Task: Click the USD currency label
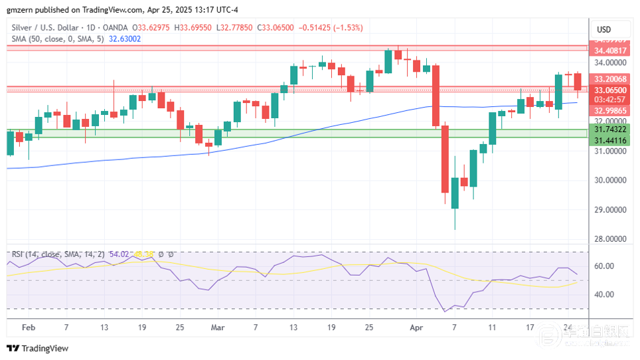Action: click(x=604, y=29)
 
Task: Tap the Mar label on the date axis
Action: click(x=218, y=327)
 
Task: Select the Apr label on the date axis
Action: click(x=416, y=327)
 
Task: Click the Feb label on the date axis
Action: click(x=28, y=327)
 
